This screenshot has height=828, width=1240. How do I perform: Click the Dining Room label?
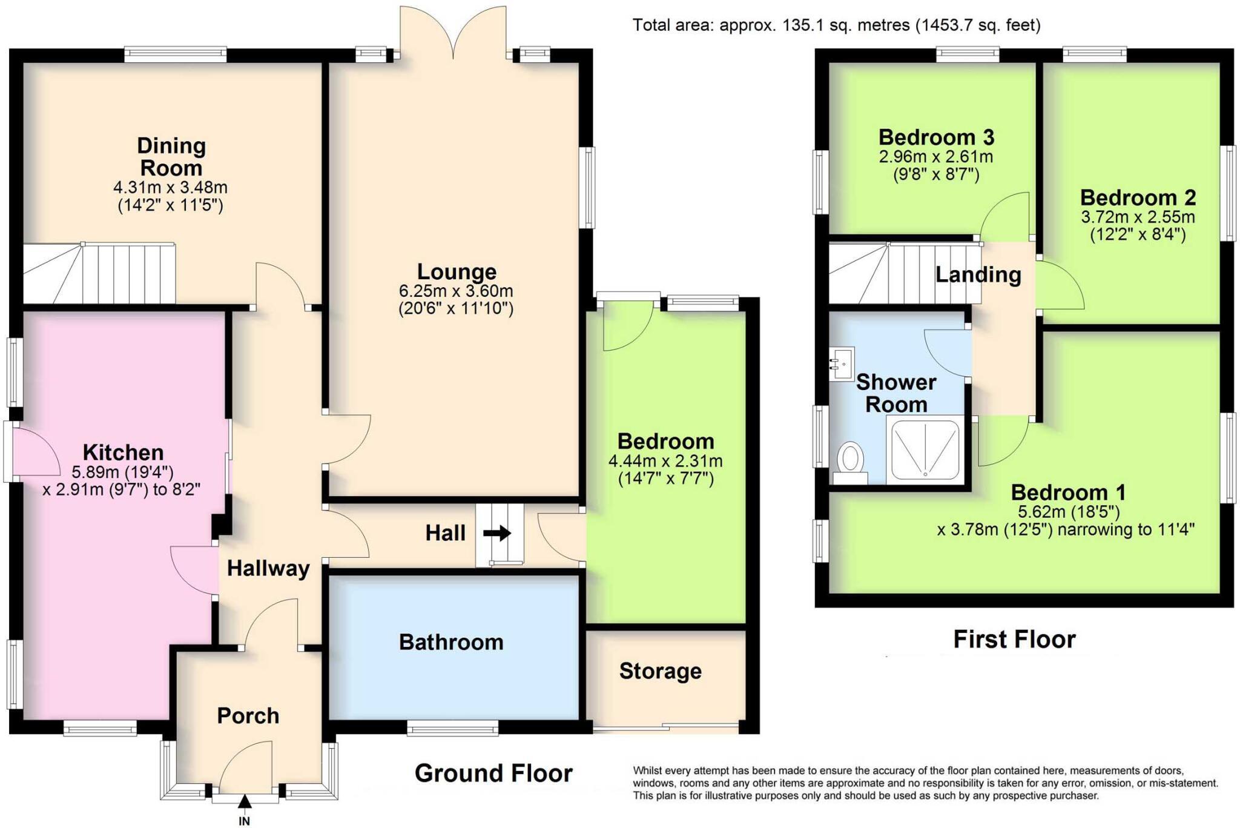click(x=171, y=156)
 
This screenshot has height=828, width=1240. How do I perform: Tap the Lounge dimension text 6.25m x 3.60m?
click(x=455, y=291)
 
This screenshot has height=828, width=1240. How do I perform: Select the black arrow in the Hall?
click(x=497, y=534)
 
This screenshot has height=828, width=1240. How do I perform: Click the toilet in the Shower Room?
click(x=851, y=462)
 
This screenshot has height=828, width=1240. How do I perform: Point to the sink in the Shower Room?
click(x=842, y=363)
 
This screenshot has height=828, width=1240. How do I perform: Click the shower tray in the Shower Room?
click(x=925, y=449)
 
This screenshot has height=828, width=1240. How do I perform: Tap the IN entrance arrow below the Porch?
click(x=245, y=804)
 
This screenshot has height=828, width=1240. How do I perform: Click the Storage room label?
click(x=660, y=671)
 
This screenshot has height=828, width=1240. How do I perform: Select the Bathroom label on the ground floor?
click(x=451, y=642)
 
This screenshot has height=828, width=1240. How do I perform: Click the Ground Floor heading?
click(x=493, y=773)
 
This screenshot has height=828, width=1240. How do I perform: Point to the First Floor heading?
click(x=1014, y=640)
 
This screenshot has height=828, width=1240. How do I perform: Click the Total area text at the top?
click(x=836, y=25)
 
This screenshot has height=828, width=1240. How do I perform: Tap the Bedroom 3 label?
click(x=936, y=137)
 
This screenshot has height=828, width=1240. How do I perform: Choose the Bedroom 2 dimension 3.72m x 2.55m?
click(x=1138, y=217)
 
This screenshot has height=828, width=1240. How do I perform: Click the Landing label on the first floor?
click(x=978, y=275)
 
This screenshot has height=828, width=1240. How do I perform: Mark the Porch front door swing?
click(x=245, y=769)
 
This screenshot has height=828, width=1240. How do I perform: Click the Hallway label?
click(x=268, y=568)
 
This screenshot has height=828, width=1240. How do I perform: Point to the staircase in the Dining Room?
click(x=100, y=274)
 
